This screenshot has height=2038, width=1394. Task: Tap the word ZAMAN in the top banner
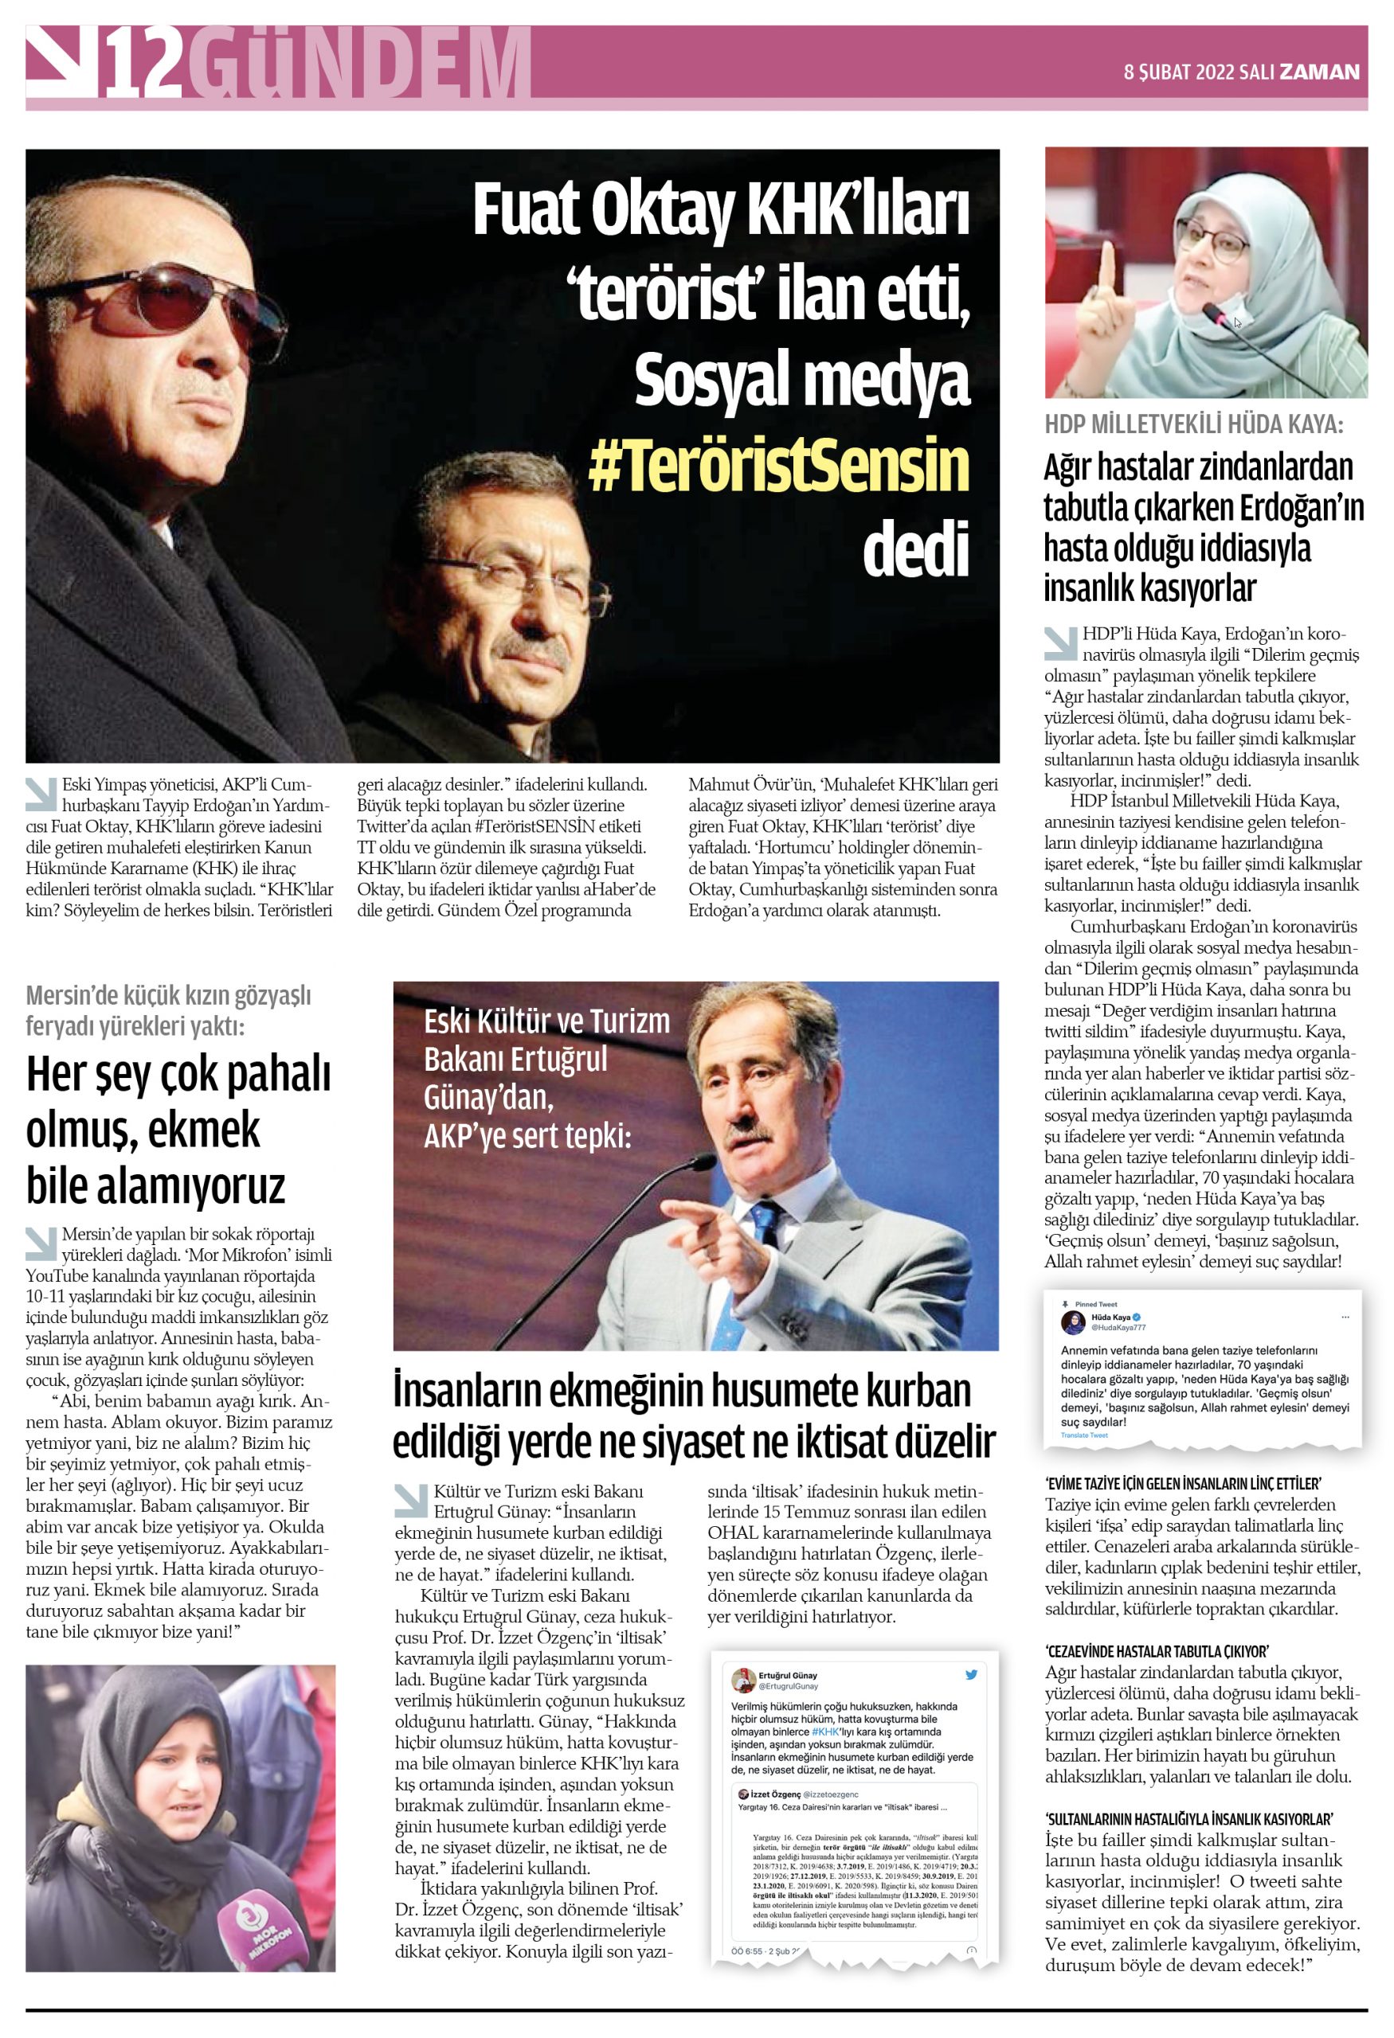(x=1318, y=72)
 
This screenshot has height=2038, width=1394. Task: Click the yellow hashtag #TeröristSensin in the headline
(x=778, y=465)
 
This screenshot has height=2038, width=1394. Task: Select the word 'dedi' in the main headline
(x=915, y=550)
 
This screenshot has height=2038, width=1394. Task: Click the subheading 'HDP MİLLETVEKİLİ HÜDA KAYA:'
(x=1193, y=424)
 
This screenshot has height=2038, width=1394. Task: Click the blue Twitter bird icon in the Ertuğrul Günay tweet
(x=971, y=1675)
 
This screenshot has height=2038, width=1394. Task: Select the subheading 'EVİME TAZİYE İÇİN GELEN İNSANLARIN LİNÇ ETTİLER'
(x=1183, y=1484)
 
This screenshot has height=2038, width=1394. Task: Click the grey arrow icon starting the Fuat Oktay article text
(x=41, y=793)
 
